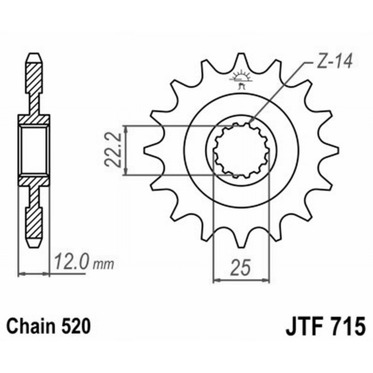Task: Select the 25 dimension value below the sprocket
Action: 241,269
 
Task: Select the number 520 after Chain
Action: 74,326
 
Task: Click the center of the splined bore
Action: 241,151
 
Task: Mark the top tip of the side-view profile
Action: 34,55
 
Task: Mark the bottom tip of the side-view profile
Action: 34,246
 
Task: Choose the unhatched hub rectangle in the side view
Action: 34,150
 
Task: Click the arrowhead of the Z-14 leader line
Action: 251,122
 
